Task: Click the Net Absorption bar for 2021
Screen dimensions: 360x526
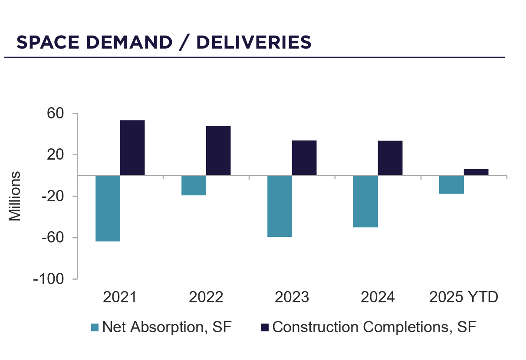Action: point(108,208)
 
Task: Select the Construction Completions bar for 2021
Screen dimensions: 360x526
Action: point(132,148)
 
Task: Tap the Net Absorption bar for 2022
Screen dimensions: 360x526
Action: point(194,185)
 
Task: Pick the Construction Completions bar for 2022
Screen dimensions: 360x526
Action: point(218,151)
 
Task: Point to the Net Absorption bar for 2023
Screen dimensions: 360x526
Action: point(279,206)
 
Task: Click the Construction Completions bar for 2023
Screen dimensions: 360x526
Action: point(304,158)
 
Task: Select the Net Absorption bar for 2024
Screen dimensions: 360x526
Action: point(365,201)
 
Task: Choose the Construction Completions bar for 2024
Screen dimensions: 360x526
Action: point(390,158)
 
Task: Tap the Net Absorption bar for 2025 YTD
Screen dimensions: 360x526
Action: point(451,184)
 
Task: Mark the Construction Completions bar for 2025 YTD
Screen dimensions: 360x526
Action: point(476,172)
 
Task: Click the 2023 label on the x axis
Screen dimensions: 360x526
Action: point(292,298)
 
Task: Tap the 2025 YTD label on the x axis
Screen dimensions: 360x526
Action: point(464,298)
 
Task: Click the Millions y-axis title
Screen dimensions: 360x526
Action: point(15,196)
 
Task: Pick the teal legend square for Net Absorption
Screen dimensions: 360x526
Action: point(95,327)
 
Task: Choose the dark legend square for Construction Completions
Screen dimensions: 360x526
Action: point(264,327)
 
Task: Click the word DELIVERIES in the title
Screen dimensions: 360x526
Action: point(254,43)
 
